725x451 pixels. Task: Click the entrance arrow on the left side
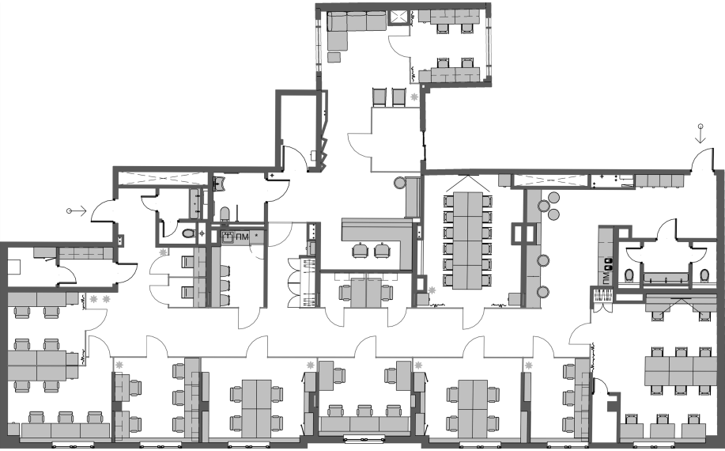tap(77, 211)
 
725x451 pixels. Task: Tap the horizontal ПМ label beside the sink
tap(242, 236)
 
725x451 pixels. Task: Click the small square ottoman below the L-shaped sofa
tap(334, 56)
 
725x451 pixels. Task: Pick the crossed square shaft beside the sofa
tap(400, 18)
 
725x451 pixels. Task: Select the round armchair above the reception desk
tap(400, 184)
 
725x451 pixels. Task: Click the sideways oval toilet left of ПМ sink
tap(188, 233)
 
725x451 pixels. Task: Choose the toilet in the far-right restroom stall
tap(704, 275)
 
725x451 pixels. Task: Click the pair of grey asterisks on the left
tap(99, 299)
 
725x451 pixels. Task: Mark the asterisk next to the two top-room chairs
tap(414, 96)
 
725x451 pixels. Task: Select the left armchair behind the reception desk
tap(361, 250)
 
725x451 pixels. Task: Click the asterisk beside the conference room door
tap(432, 290)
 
